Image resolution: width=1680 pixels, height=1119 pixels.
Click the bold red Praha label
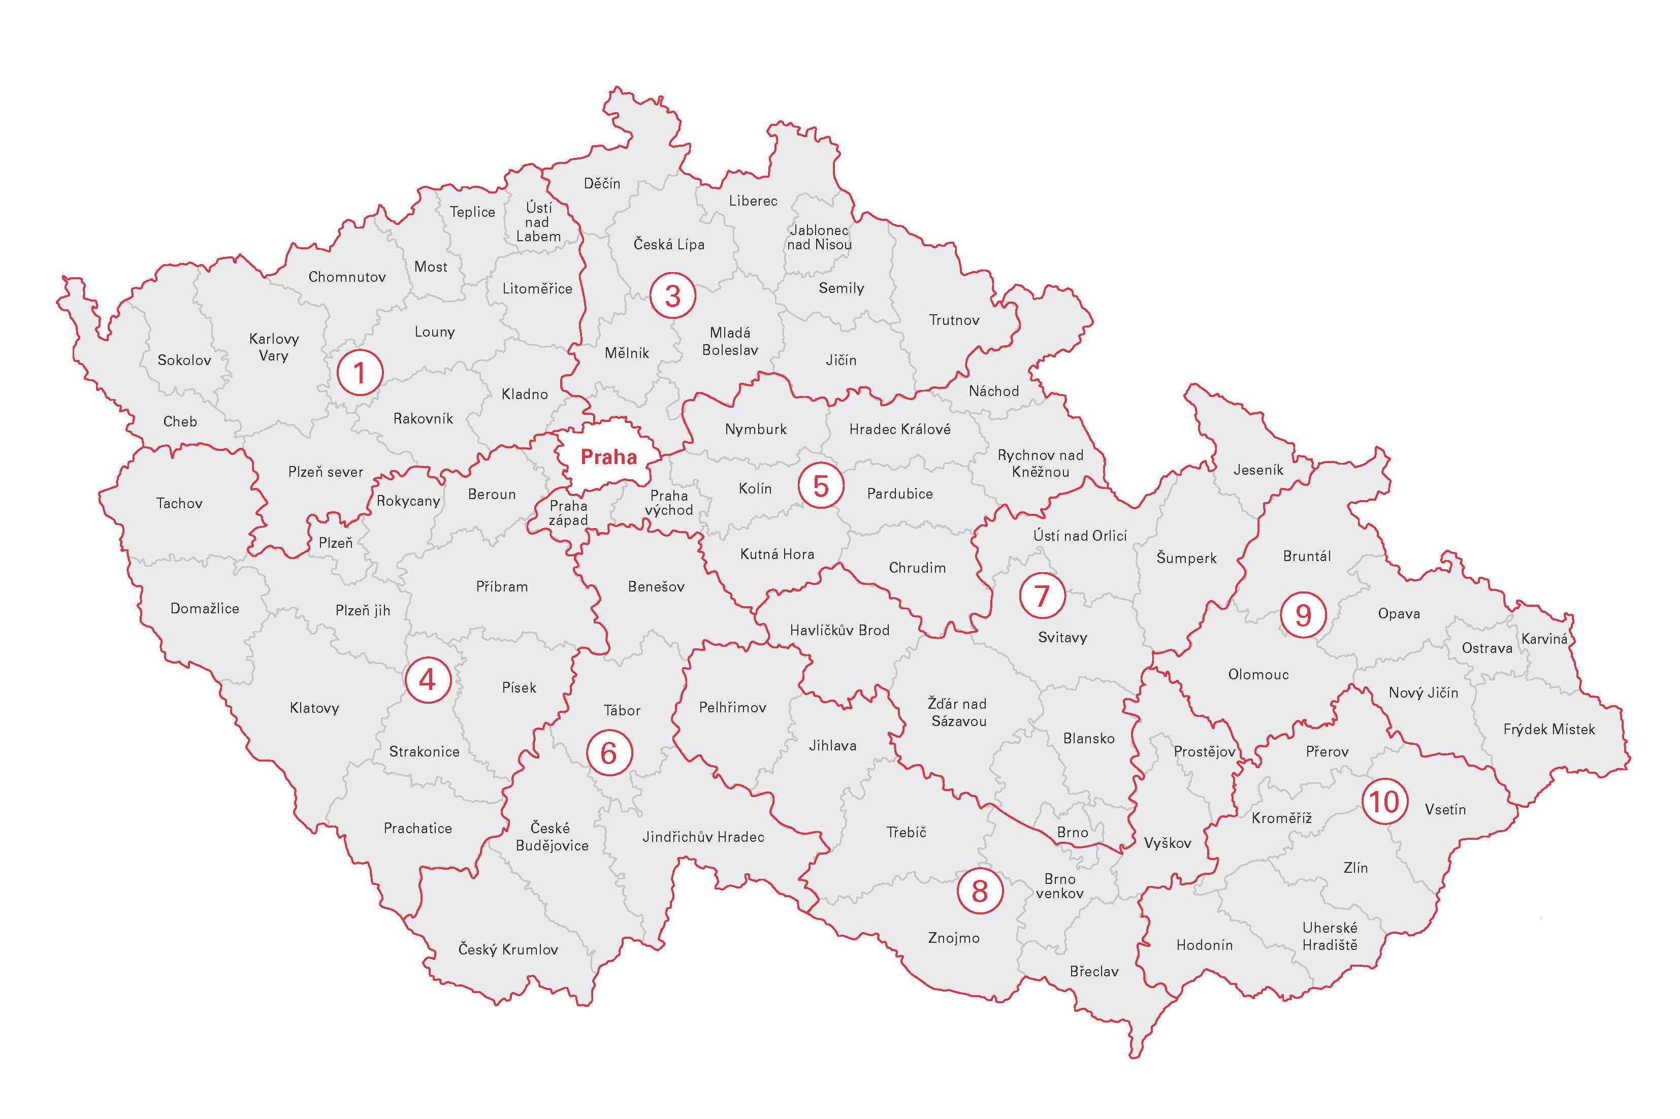[608, 457]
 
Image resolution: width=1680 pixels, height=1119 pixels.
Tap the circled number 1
[360, 372]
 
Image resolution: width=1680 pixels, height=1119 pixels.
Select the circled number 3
[672, 295]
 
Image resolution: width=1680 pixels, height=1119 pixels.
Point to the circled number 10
[1384, 802]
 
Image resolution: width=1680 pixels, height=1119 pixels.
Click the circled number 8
[979, 891]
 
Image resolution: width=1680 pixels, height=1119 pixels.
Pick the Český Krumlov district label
[507, 949]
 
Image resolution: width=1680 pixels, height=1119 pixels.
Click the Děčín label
[602, 183]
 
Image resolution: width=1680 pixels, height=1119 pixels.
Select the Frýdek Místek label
[1548, 729]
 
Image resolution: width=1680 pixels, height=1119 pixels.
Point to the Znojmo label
[953, 938]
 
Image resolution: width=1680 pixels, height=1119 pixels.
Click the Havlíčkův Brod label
[839, 630]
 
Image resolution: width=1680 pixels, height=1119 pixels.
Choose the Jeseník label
[1258, 470]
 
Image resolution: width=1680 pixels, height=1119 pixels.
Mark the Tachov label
[179, 503]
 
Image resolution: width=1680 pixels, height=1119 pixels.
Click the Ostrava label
[1487, 648]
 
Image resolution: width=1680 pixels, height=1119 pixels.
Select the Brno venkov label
[1059, 885]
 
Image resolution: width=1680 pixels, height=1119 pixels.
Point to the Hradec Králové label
[899, 429]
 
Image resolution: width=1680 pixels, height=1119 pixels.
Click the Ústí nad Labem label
[538, 222]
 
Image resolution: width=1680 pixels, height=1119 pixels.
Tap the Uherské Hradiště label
[1330, 936]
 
